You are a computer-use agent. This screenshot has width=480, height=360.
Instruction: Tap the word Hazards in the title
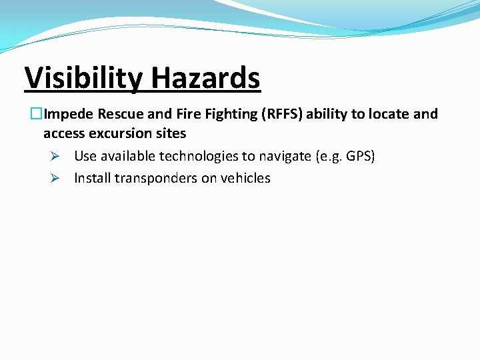point(205,78)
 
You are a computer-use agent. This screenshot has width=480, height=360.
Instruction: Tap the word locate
point(389,114)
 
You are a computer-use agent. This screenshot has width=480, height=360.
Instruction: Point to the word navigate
point(283,156)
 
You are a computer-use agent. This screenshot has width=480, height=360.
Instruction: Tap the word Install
point(92,178)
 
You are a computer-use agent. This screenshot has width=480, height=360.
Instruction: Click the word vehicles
point(245,178)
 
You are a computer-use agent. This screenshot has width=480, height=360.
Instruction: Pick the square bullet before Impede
point(37,114)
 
